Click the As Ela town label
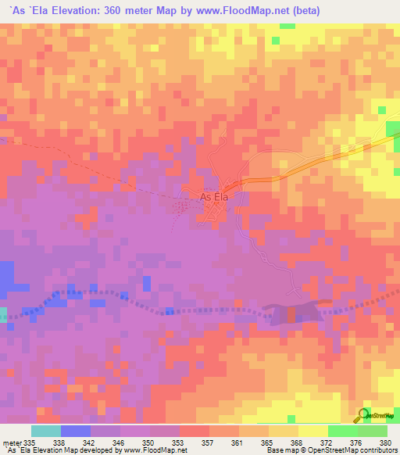[x=216, y=197]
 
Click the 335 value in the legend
[x=32, y=442]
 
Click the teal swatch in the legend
[x=46, y=431]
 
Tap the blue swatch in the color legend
[x=76, y=431]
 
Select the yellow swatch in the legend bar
[x=313, y=431]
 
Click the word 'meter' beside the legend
[x=12, y=442]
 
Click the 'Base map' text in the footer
[x=279, y=450]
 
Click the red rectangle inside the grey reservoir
[x=291, y=314]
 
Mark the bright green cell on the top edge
[x=287, y=26]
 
